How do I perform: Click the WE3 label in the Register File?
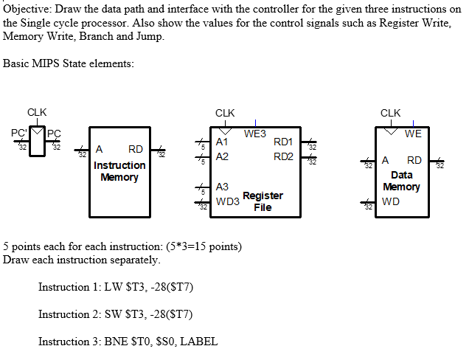point(254,134)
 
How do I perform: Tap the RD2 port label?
point(283,156)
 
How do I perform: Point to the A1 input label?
point(223,142)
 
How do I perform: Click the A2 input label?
point(223,156)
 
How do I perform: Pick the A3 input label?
point(223,187)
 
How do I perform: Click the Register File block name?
point(263,201)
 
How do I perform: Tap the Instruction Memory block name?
point(119,171)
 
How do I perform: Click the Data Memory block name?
point(401,181)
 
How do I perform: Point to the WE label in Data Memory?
point(413,134)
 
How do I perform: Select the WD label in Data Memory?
point(390,201)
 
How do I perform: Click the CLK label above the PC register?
point(37,112)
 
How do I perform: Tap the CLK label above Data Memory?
point(390,113)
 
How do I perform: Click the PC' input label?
point(18,134)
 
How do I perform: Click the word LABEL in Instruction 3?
point(198,342)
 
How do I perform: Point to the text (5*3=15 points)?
point(199,246)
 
